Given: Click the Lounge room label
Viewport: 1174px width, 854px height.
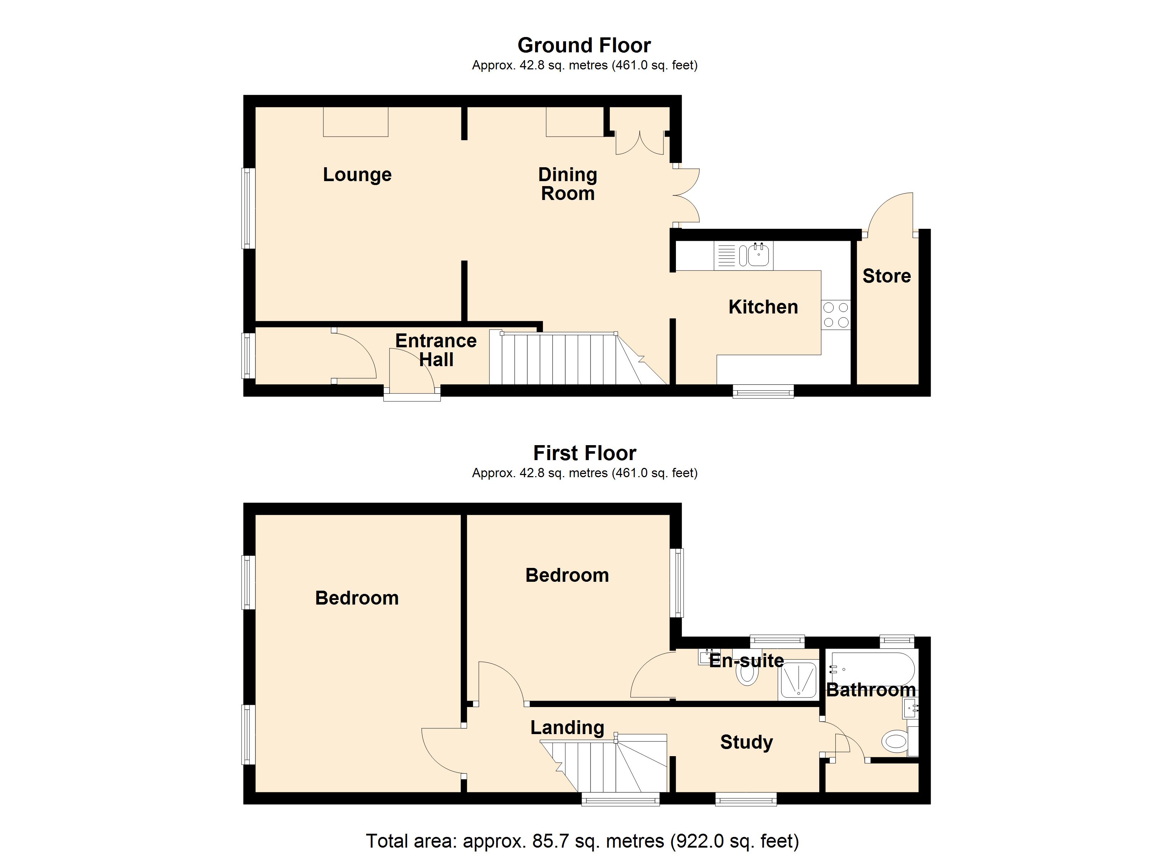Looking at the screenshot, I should coord(357,174).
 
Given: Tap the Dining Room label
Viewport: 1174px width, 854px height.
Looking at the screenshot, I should coord(568,184).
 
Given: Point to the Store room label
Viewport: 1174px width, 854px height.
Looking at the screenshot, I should coord(886,276).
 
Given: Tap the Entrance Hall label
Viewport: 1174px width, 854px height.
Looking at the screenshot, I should coord(436,350).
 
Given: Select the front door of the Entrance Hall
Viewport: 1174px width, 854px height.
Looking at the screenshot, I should coord(412,370).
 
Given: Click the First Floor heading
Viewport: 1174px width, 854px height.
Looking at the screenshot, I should coord(585,453).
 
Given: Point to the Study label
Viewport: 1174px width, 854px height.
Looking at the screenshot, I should coord(746,742).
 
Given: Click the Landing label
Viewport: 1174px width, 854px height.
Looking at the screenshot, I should coord(567,728).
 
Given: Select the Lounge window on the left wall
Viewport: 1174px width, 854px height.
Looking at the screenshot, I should coord(249,208).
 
